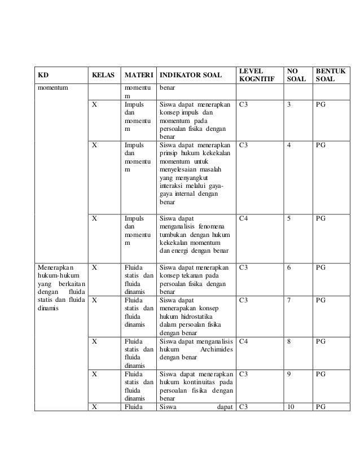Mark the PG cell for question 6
pos(321,267)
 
